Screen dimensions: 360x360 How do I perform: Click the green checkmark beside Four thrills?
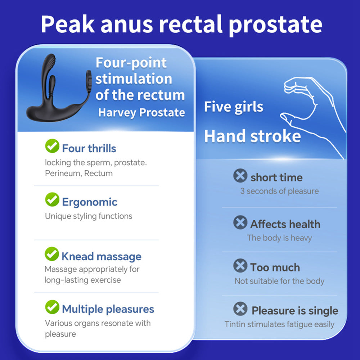[52, 146]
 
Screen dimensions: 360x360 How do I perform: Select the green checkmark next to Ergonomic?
[52, 199]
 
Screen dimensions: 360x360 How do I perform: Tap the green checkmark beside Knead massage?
[52, 254]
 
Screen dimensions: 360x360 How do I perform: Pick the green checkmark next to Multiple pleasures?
[52, 307]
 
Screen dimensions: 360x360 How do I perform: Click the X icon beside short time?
[240, 176]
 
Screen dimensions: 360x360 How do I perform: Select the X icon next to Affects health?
[240, 222]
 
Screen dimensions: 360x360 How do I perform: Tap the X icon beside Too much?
[240, 266]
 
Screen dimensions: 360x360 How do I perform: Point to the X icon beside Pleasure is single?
[240, 309]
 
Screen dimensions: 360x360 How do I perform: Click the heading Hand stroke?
[252, 136]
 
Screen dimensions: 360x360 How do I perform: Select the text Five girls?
[234, 107]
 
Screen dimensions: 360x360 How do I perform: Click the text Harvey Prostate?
[141, 112]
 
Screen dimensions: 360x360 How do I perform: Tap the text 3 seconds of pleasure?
[279, 191]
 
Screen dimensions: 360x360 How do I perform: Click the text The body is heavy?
[279, 238]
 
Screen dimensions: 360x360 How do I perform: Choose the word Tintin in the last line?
[235, 324]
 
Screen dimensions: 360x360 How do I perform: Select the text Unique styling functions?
[89, 216]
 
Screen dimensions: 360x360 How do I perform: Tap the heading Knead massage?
[101, 256]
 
